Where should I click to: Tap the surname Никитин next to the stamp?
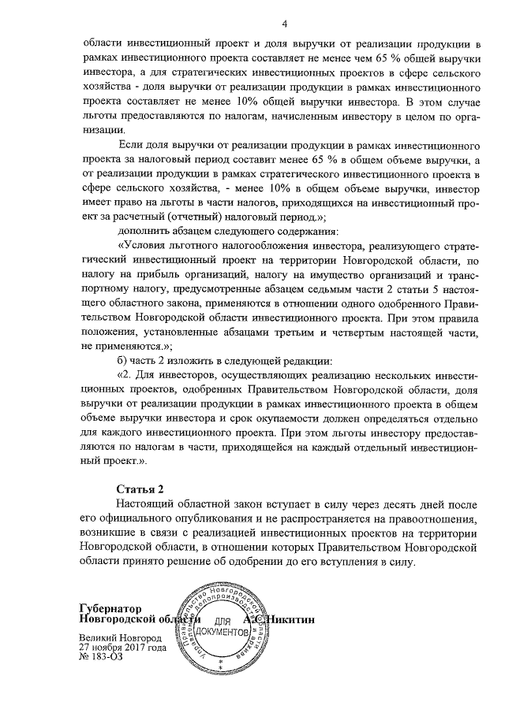pyautogui.click(x=290, y=619)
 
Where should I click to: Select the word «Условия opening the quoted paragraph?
pyautogui.click(x=145, y=246)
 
